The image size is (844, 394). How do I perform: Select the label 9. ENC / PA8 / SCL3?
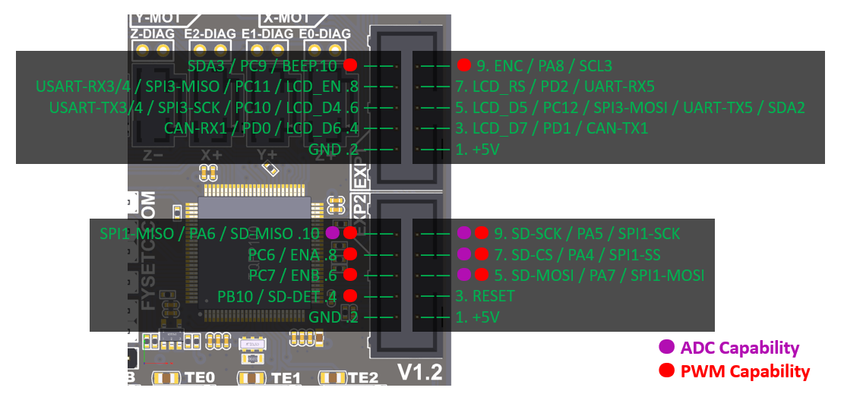point(544,65)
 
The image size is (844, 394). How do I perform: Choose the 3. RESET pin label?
point(485,295)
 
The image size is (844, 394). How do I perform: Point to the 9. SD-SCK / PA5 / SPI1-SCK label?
point(587,233)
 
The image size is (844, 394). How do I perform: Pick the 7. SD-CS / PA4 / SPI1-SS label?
point(581,254)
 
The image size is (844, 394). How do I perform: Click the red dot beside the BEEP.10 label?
point(350,65)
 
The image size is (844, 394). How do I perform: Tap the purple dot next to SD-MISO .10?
point(332,233)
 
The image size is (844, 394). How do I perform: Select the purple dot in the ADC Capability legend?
point(667,348)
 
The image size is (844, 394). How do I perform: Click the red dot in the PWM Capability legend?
point(667,371)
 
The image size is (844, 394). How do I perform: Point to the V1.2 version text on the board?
point(420,373)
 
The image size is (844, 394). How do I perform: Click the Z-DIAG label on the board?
point(153,33)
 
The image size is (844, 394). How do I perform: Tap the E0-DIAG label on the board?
point(325,33)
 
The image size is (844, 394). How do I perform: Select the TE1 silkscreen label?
point(286,378)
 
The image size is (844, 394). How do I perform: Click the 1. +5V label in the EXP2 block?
point(478,317)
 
